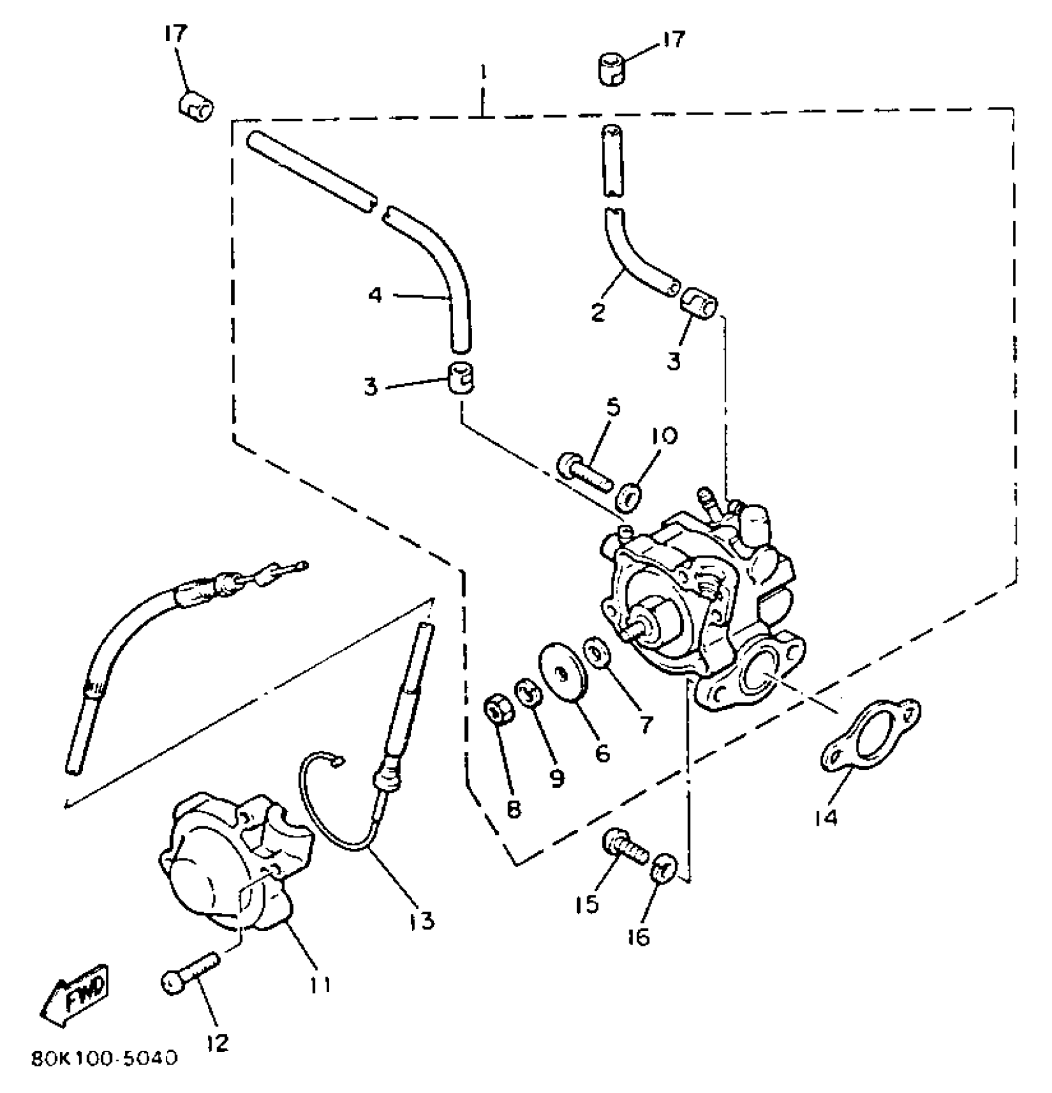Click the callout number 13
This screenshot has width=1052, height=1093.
[421, 920]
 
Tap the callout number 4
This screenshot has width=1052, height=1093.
[375, 295]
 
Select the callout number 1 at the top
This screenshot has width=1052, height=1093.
[483, 74]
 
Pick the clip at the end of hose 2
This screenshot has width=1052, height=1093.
[698, 302]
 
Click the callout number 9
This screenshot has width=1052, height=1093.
[557, 778]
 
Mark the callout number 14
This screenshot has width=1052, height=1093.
[826, 817]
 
